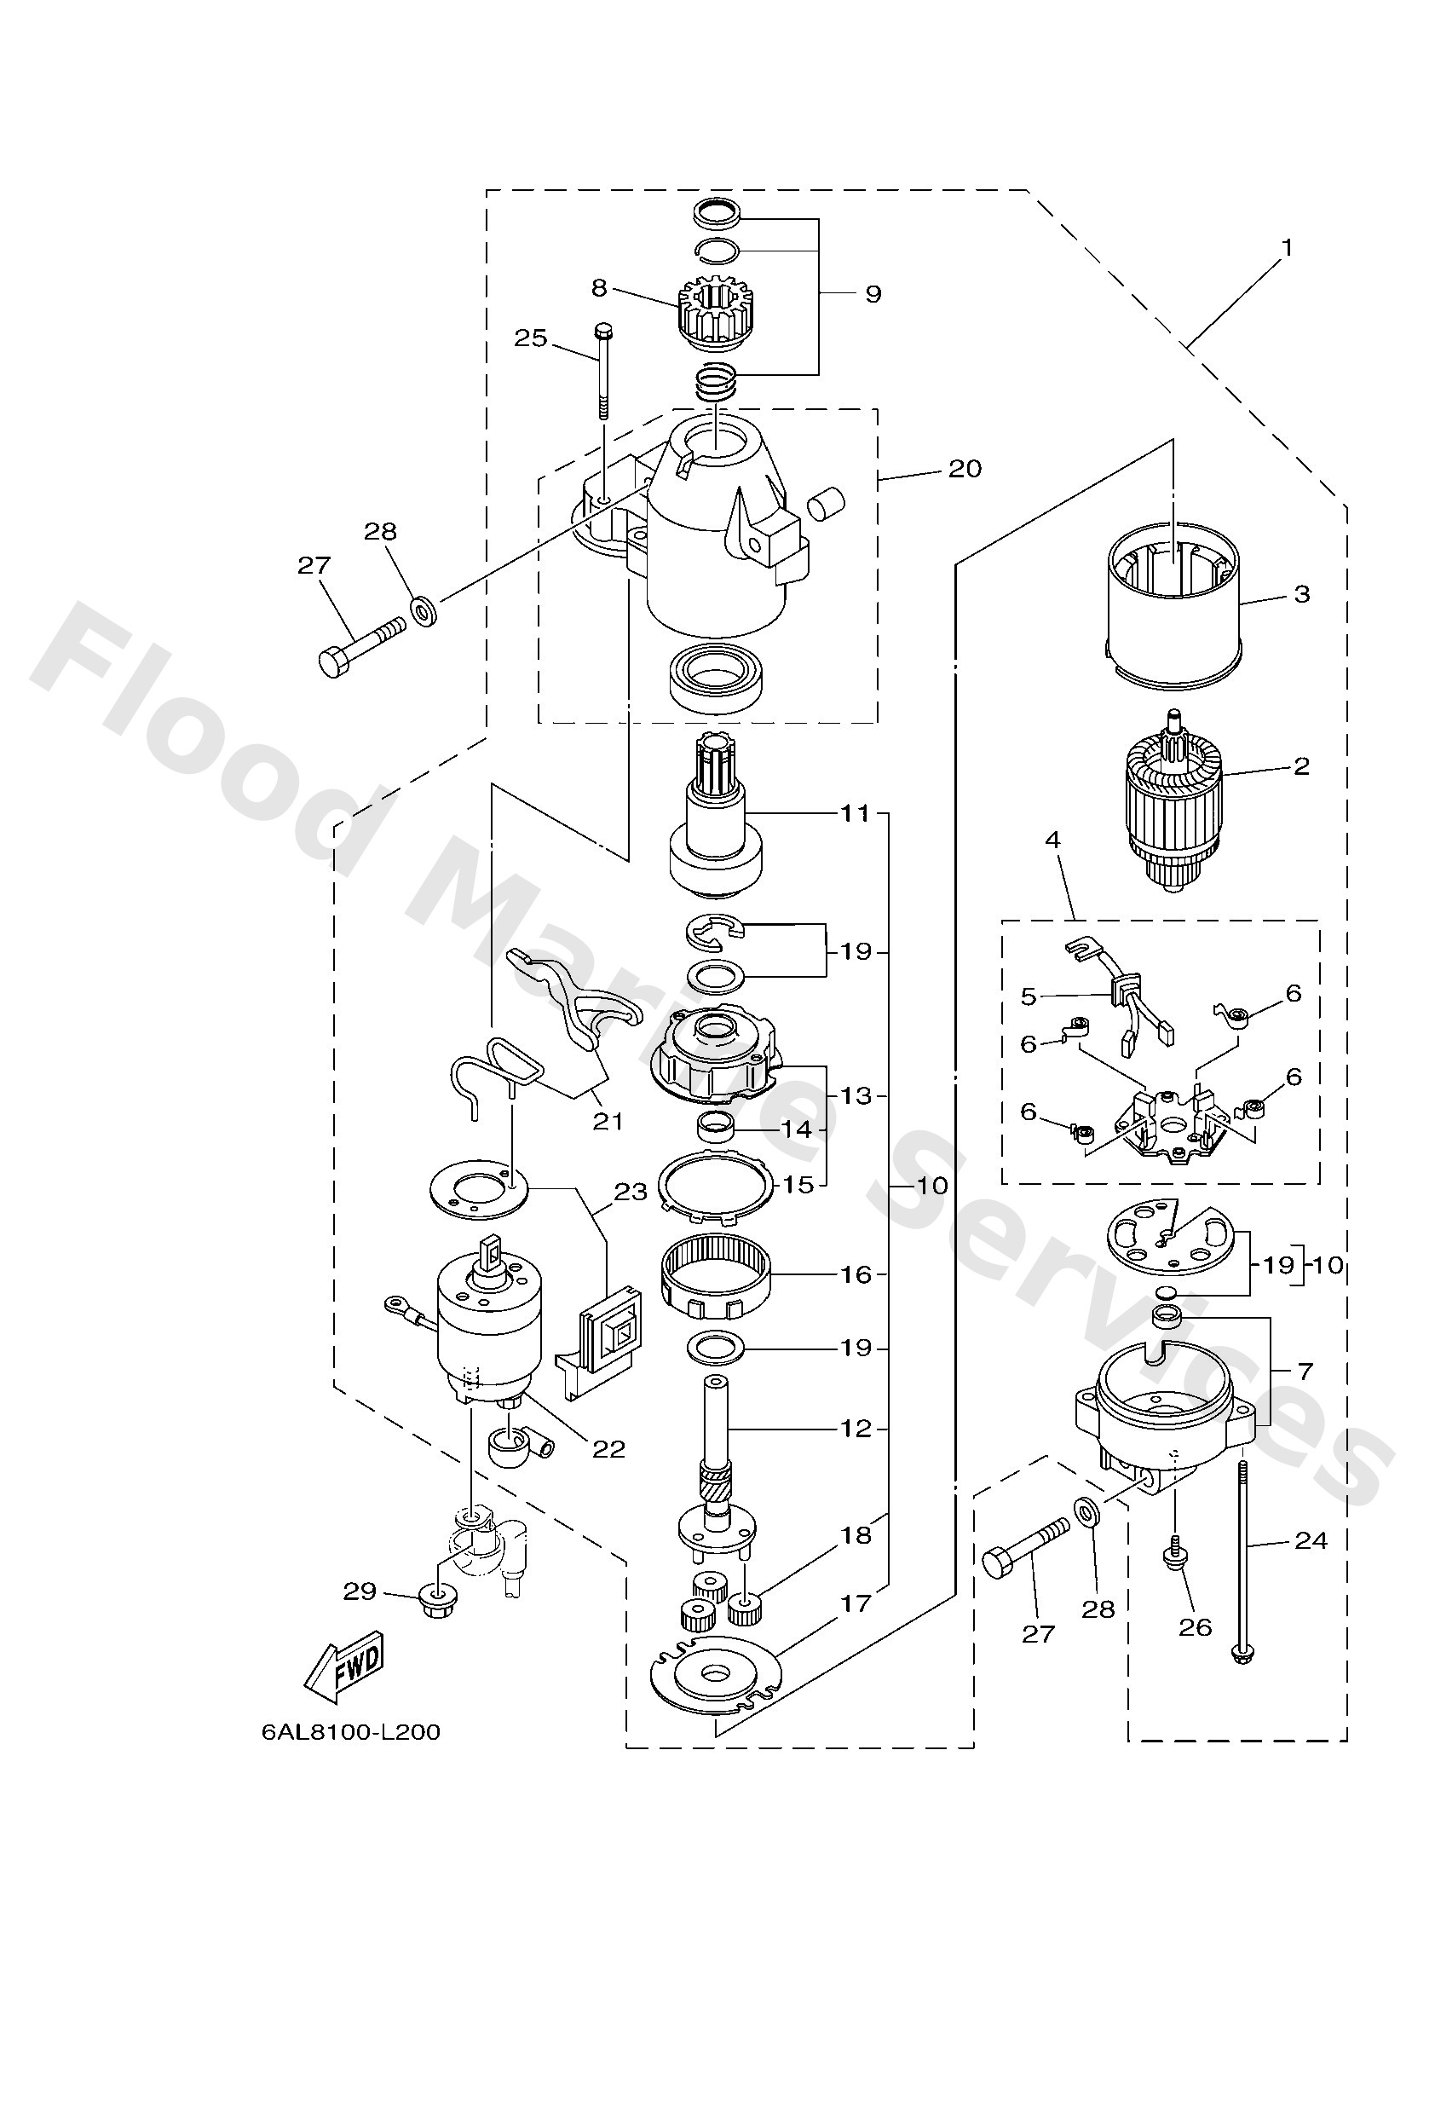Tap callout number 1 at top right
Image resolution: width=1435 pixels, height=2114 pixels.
click(x=1287, y=246)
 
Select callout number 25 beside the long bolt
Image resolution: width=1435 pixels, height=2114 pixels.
click(x=531, y=338)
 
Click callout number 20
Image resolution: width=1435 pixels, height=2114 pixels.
click(x=965, y=469)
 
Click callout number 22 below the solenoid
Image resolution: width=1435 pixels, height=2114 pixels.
click(x=608, y=1449)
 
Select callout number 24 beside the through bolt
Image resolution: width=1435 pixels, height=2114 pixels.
click(x=1311, y=1540)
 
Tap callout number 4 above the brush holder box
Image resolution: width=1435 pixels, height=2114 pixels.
click(x=1052, y=840)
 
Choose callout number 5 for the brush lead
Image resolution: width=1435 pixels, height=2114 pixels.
click(x=1029, y=996)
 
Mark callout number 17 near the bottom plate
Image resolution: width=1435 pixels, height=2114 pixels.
click(x=856, y=1603)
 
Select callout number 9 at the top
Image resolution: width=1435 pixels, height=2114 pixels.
click(x=873, y=294)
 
